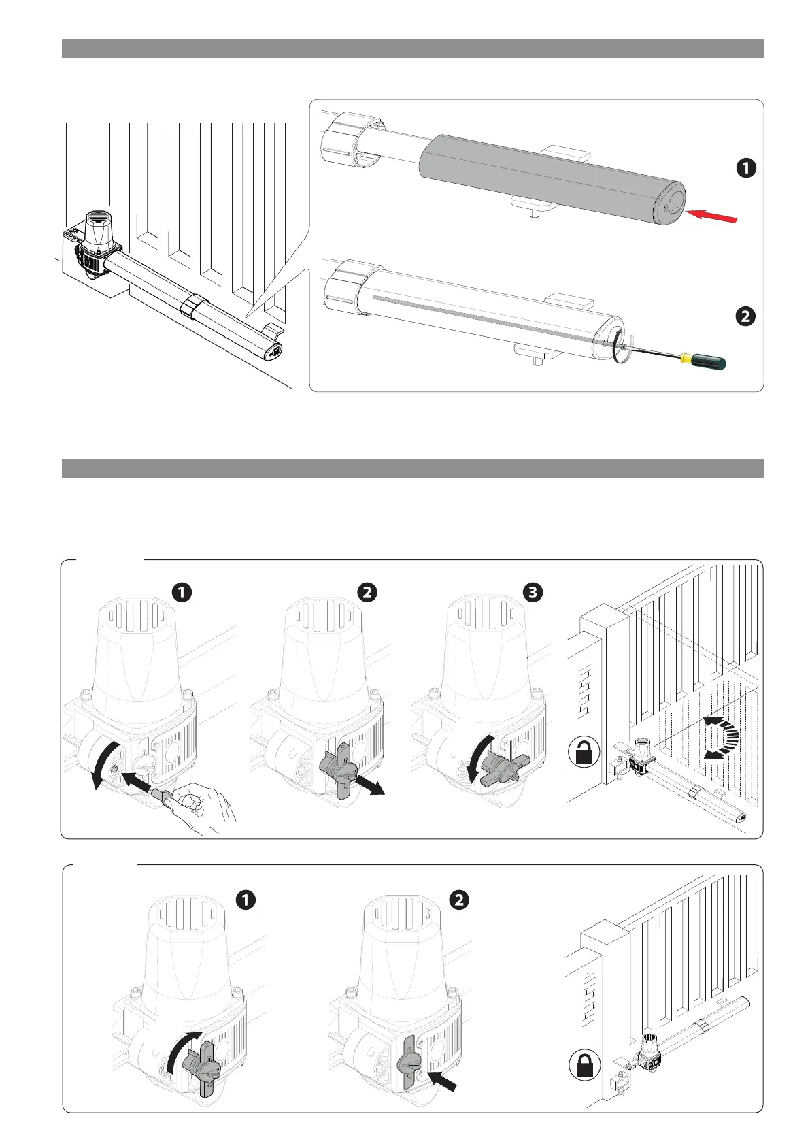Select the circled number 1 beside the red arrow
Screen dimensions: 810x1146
click(x=746, y=167)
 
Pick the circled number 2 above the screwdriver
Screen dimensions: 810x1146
click(x=746, y=316)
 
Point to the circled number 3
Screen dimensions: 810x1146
click(x=533, y=592)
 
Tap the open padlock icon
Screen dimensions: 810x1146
click(x=583, y=754)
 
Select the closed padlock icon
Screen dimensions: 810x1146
click(x=584, y=1063)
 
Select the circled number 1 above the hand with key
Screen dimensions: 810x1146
click(x=182, y=592)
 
